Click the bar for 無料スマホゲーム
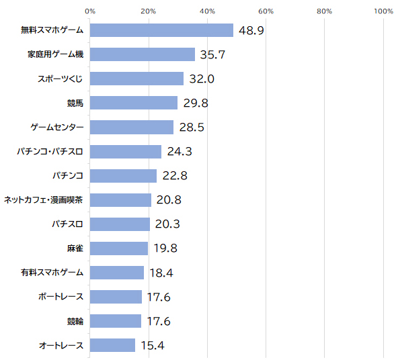[x=161, y=30]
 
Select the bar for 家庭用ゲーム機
[x=143, y=54]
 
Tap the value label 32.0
[x=202, y=79]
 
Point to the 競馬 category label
[x=75, y=103]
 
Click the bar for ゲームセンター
[x=132, y=127]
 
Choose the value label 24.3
[x=180, y=151]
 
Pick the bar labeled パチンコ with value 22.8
[x=123, y=176]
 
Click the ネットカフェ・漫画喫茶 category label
[x=43, y=200]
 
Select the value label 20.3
[x=167, y=224]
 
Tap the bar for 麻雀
[x=119, y=248]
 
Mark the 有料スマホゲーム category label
[x=52, y=273]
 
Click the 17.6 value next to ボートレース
[x=159, y=297]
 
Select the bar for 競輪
[x=116, y=321]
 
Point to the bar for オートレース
[x=112, y=345]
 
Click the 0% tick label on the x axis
[x=90, y=11]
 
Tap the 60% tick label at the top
[x=266, y=11]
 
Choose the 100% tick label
[x=383, y=11]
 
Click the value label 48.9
[x=251, y=31]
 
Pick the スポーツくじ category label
[x=61, y=79]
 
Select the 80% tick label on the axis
[x=324, y=11]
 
